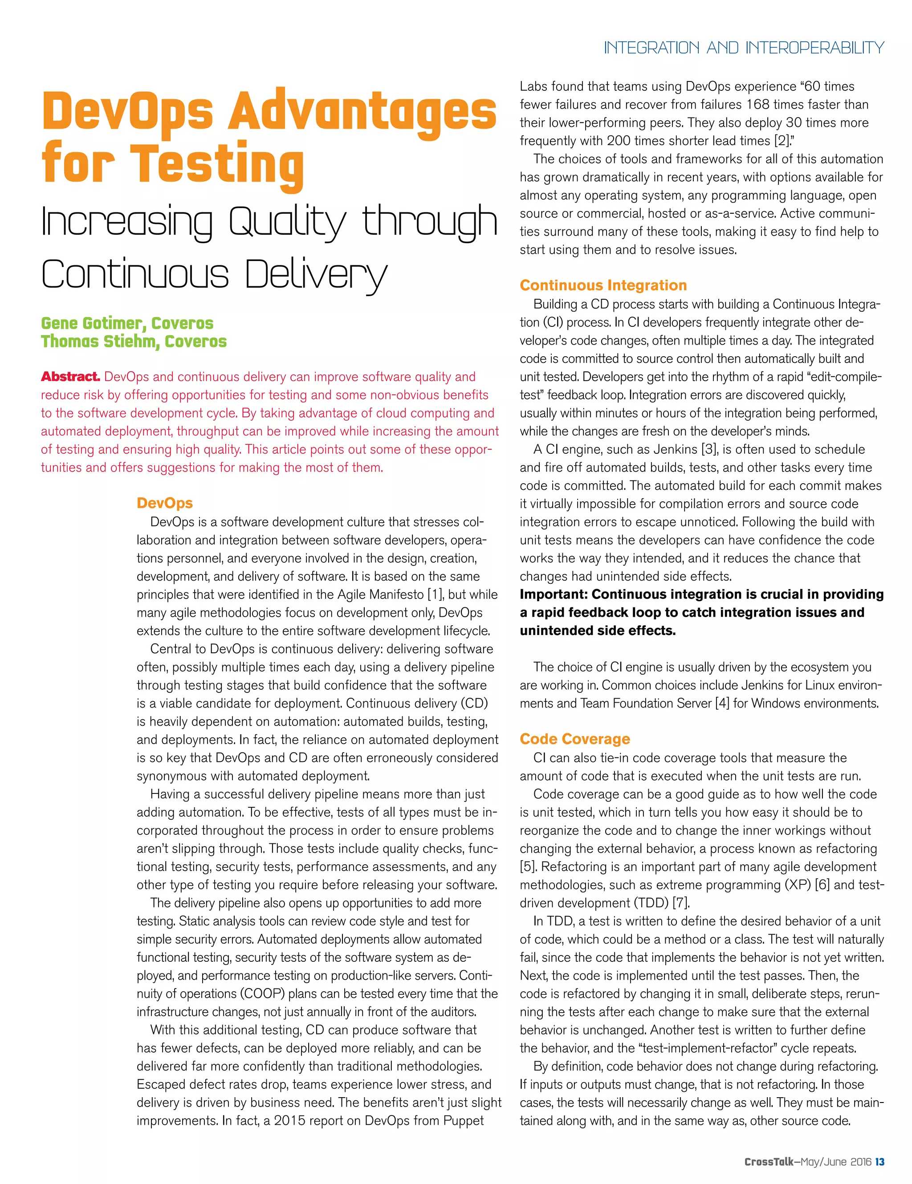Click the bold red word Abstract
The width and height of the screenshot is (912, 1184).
(x=70, y=377)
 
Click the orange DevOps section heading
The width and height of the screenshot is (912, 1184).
(x=164, y=503)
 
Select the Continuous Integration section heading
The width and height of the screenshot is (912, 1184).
(x=603, y=285)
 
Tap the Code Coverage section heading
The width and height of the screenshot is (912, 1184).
(x=575, y=739)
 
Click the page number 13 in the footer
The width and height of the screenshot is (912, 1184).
(x=879, y=1161)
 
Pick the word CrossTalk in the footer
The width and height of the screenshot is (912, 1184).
(x=768, y=1161)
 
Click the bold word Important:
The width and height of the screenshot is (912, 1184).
(x=554, y=595)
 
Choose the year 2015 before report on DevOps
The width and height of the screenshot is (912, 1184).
(x=291, y=1121)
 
